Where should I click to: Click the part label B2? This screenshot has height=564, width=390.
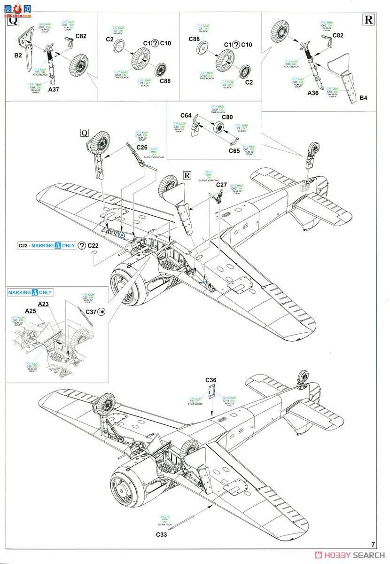coord(18,55)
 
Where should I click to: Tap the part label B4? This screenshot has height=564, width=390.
coord(364,98)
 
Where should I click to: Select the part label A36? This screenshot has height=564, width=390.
coord(313,93)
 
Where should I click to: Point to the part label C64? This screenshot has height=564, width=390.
coord(186,115)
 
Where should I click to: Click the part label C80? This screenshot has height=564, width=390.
coord(227,117)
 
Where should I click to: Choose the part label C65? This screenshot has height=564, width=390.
coord(234,150)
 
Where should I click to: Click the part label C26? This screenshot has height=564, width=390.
coord(142,147)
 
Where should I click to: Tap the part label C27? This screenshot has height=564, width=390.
coord(222,185)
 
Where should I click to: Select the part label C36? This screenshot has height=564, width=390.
coord(211,380)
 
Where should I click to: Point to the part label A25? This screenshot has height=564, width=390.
coord(31,311)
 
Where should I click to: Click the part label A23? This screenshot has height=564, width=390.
coord(43,304)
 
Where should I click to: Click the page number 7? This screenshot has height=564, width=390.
coord(373,545)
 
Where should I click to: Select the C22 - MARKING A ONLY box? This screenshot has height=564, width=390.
coord(46,245)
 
